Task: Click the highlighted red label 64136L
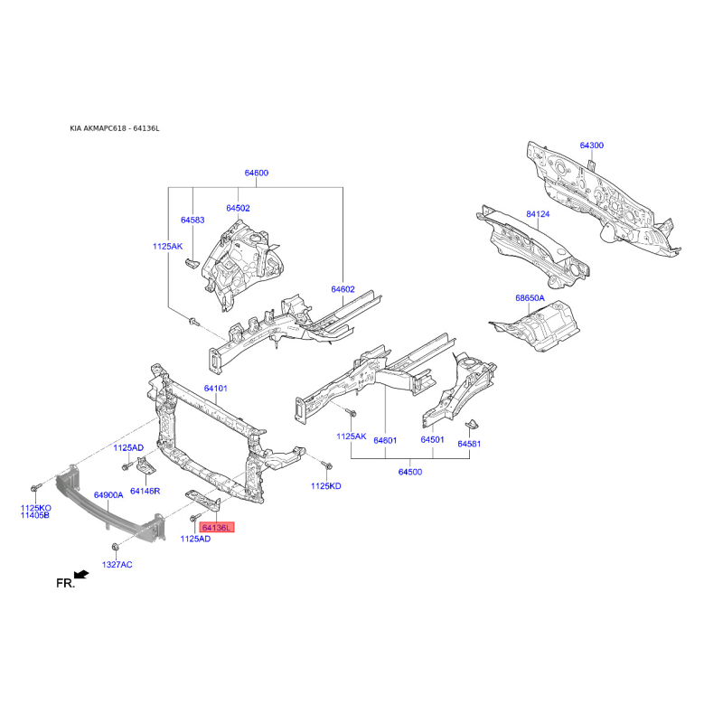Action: pyautogui.click(x=217, y=528)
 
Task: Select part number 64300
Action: pyautogui.click(x=592, y=146)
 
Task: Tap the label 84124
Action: pyautogui.click(x=538, y=214)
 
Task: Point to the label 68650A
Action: pyautogui.click(x=530, y=298)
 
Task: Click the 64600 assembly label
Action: pyautogui.click(x=257, y=173)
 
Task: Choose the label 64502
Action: pyautogui.click(x=238, y=209)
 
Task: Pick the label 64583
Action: pyautogui.click(x=192, y=220)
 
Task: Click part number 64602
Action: pyautogui.click(x=343, y=289)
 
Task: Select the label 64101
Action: pyautogui.click(x=216, y=389)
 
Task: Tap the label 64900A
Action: pyautogui.click(x=108, y=495)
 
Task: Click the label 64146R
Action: pyautogui.click(x=146, y=491)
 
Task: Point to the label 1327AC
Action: pyautogui.click(x=117, y=564)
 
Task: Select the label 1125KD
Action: pyautogui.click(x=326, y=486)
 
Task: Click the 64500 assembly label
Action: pyautogui.click(x=410, y=472)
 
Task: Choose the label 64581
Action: pyautogui.click(x=469, y=444)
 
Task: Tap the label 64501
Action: pyautogui.click(x=432, y=439)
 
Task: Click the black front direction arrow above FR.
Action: pyautogui.click(x=81, y=574)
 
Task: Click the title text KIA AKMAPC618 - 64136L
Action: pyautogui.click(x=115, y=128)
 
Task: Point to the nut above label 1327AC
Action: pyautogui.click(x=116, y=547)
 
